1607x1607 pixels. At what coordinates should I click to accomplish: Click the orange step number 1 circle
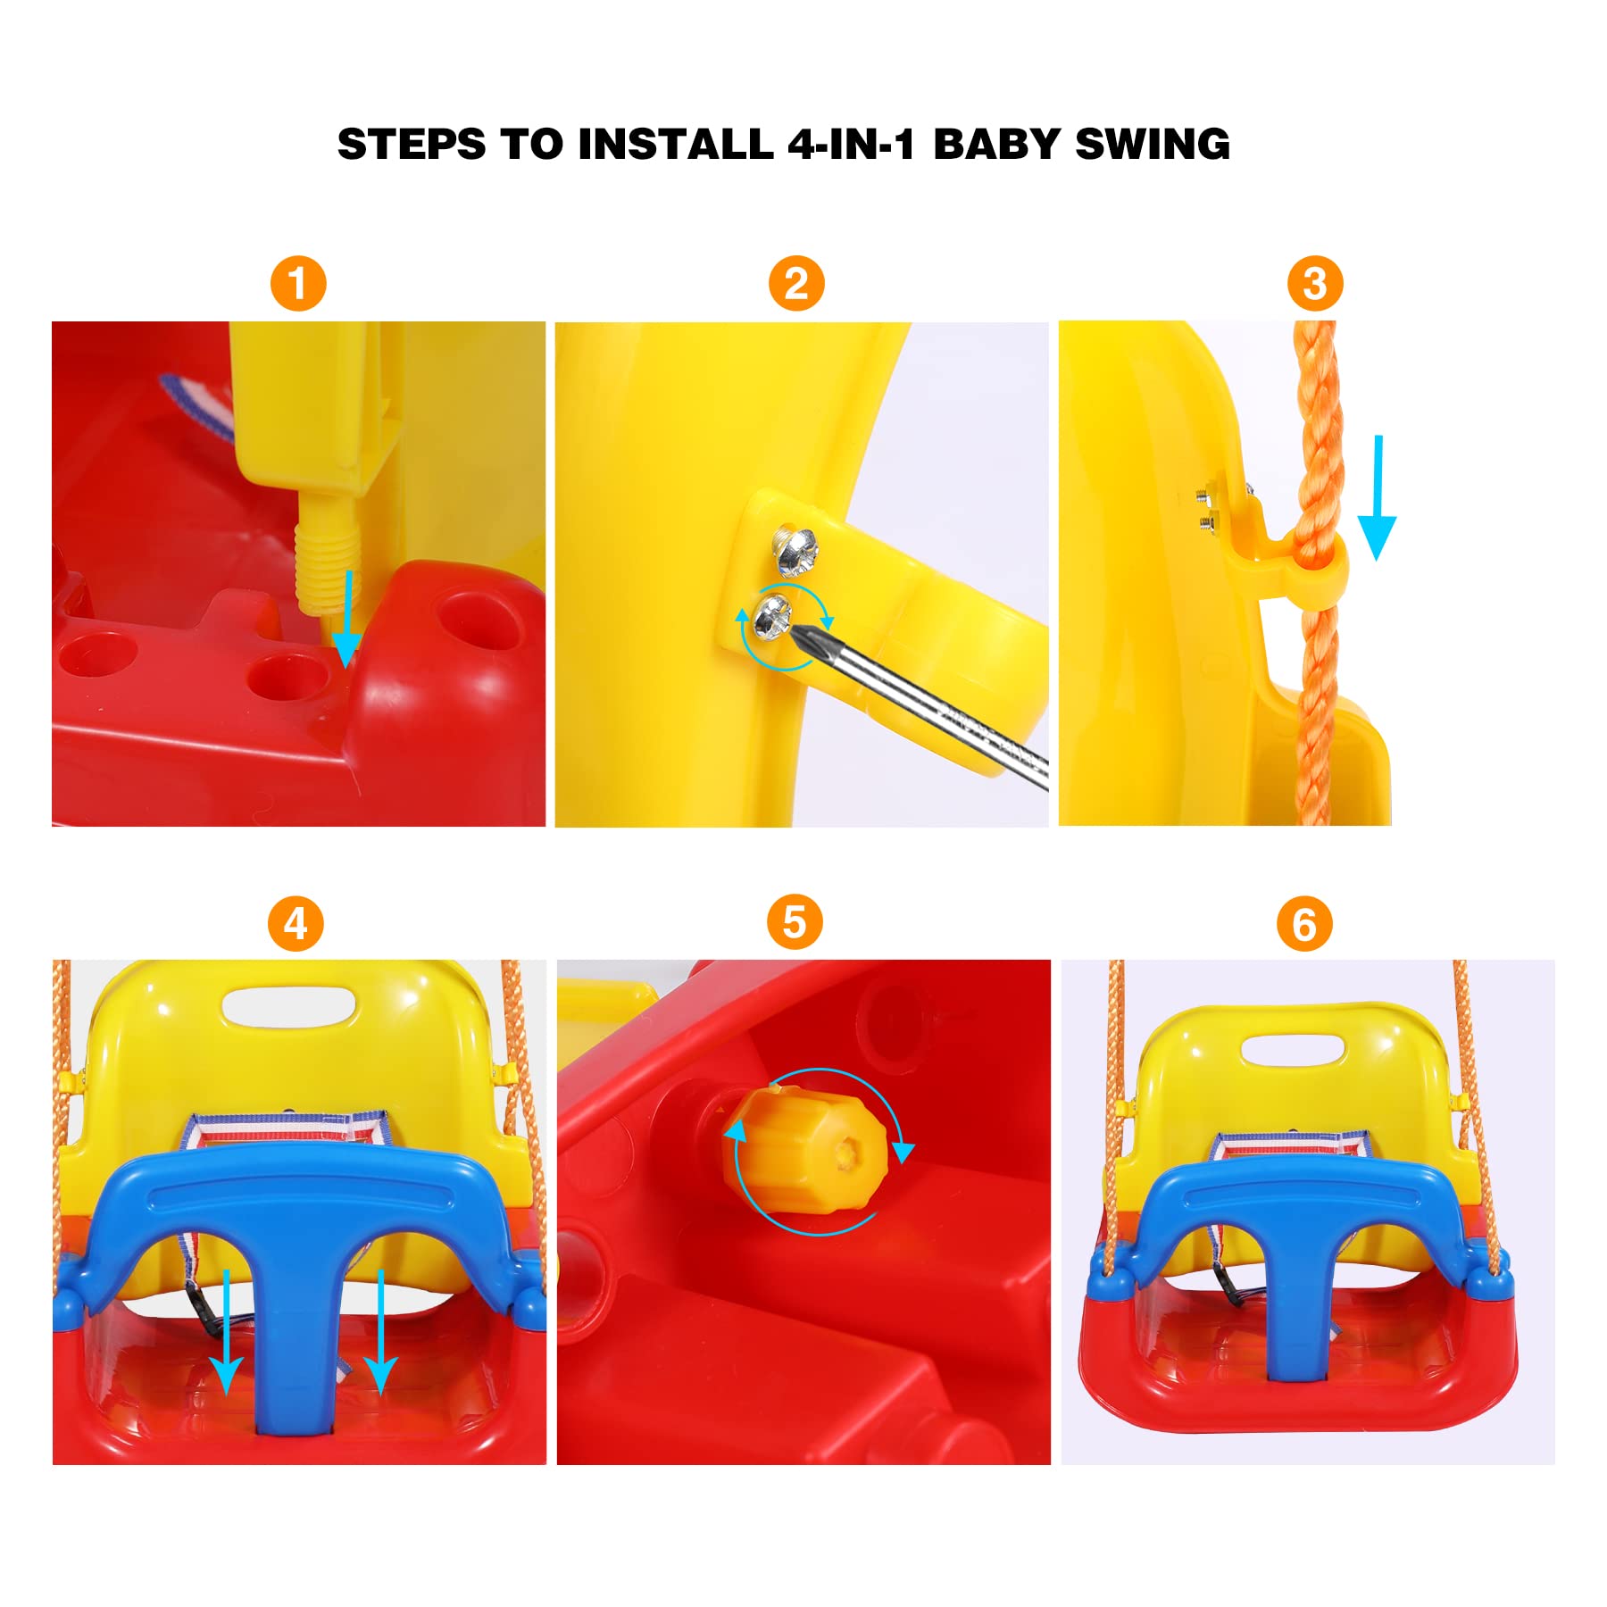click(298, 284)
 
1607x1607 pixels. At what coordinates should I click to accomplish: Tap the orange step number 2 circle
click(796, 284)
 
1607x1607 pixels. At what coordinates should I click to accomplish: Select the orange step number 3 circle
click(1314, 284)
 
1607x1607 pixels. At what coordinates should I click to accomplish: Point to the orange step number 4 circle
click(296, 923)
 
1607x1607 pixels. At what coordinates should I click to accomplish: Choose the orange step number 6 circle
click(1304, 924)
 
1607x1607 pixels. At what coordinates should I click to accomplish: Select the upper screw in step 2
click(795, 551)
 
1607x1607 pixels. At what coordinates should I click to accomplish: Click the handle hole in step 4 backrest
click(288, 1006)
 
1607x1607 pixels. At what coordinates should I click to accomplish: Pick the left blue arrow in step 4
click(227, 1331)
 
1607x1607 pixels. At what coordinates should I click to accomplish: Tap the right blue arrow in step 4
click(381, 1331)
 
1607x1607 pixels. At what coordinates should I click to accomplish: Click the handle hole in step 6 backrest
click(1294, 1049)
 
